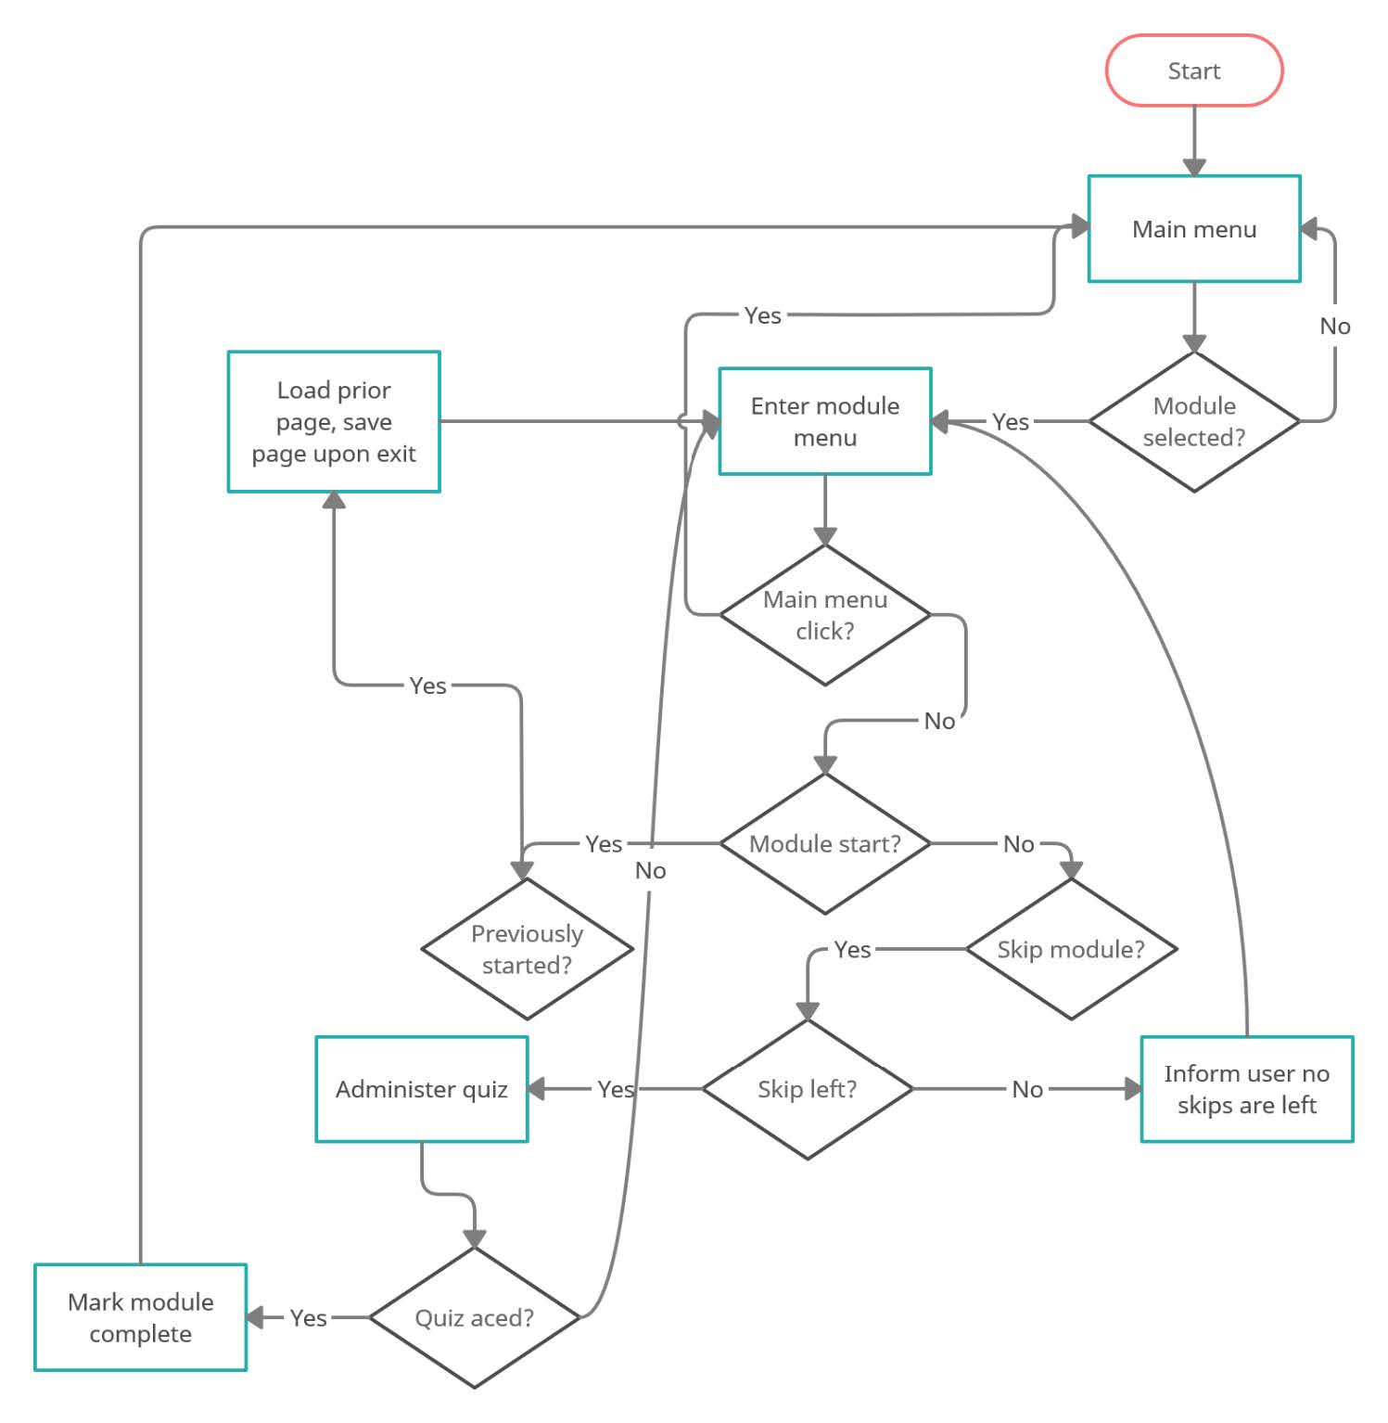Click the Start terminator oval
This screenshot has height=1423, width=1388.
tap(1193, 71)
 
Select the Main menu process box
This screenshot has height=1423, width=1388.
tap(1193, 228)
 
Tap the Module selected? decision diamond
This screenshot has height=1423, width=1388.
tap(1193, 421)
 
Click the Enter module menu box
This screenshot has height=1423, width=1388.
tap(824, 421)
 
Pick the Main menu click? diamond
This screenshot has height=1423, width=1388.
tap(824, 614)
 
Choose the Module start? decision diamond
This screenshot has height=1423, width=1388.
tap(824, 843)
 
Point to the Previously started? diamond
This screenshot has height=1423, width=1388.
tap(527, 948)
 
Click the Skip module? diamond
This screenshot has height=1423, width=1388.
tap(1071, 948)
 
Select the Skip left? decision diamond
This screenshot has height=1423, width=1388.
tap(807, 1088)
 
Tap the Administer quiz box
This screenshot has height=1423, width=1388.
tap(421, 1088)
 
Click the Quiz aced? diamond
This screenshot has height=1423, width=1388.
tap(474, 1317)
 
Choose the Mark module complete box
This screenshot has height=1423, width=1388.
tap(140, 1317)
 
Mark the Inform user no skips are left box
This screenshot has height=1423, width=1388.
tap(1246, 1088)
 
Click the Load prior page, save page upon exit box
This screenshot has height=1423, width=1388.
tap(334, 421)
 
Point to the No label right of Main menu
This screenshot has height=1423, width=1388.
tap(1334, 326)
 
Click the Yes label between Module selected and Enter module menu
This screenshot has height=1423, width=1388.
tap(1010, 422)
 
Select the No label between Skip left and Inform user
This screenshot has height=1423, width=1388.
tap(1026, 1089)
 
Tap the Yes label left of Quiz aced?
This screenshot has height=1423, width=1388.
tap(308, 1318)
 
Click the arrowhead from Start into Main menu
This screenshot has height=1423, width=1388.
tap(1194, 167)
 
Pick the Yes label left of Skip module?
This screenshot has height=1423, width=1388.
tap(851, 949)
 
